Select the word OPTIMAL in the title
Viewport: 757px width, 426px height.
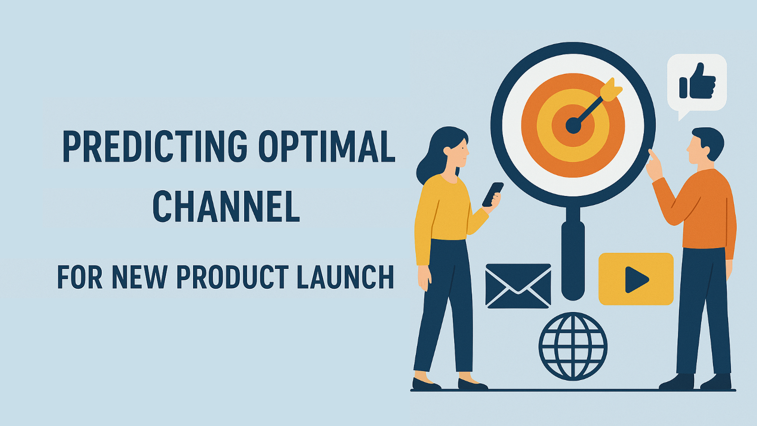pos(327,147)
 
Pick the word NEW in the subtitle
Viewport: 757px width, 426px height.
pos(139,277)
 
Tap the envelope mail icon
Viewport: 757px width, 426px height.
pos(518,286)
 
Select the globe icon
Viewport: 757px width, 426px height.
pos(573,346)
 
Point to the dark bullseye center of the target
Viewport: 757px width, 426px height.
pos(573,126)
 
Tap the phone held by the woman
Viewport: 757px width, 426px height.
pos(493,194)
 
